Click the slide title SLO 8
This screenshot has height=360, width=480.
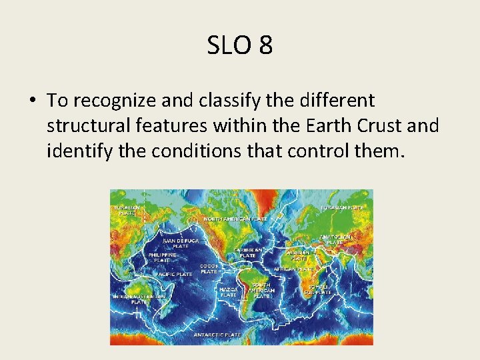tap(240, 45)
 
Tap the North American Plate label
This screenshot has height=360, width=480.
tap(235, 219)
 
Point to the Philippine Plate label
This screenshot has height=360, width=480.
tap(163, 257)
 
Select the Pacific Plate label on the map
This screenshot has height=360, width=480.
tap(174, 274)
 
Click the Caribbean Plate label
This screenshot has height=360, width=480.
tap(248, 253)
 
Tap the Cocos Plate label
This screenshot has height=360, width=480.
tap(209, 269)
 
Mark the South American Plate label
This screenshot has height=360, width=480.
tap(261, 290)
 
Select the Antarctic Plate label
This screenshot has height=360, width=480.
tap(217, 335)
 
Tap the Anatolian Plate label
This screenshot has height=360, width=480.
tap(335, 239)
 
